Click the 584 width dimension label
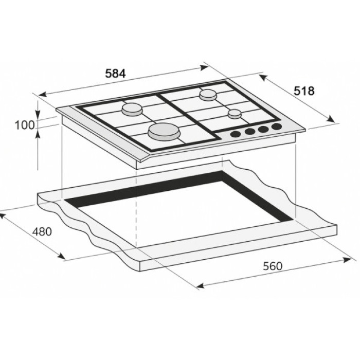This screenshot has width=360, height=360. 115,74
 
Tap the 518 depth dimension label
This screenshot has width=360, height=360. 304,91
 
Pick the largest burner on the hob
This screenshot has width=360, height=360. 164,131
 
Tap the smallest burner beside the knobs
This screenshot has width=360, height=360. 235,114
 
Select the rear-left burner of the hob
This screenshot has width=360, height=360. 132,109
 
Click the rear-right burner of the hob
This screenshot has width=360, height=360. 208,94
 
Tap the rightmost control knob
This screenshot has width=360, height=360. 277,126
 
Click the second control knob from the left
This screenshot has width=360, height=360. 250,132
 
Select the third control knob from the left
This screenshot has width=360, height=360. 263,129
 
